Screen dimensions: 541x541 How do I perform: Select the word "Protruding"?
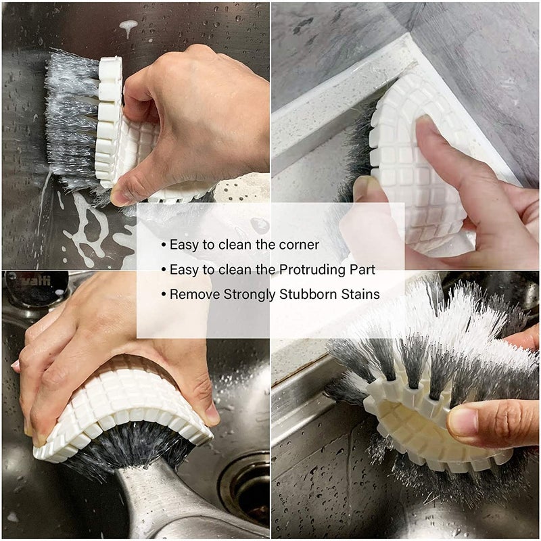point(302,270)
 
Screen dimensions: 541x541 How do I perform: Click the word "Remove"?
point(189,294)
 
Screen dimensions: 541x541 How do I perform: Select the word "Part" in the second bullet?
point(362,270)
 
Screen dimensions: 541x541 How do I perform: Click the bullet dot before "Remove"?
point(163,295)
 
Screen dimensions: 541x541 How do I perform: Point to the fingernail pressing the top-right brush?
point(424,124)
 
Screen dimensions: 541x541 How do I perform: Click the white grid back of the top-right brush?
point(413,176)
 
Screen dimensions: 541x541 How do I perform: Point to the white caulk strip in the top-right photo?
point(338,101)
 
